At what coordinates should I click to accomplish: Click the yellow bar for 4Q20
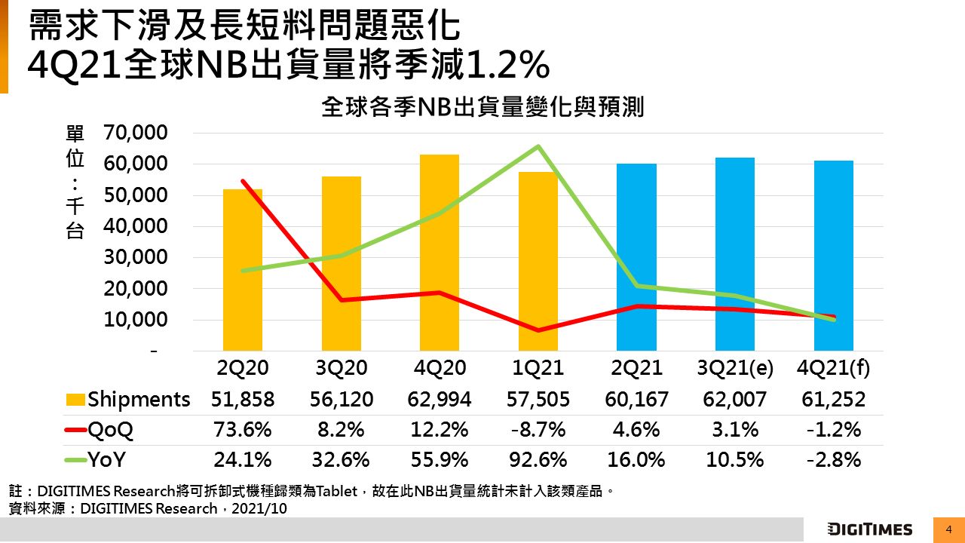click(x=440, y=253)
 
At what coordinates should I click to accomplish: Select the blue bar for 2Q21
click(x=636, y=257)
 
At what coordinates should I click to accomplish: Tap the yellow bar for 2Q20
click(x=243, y=270)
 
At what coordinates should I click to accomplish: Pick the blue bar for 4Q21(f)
click(x=834, y=256)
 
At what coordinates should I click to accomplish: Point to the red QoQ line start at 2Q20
click(x=243, y=181)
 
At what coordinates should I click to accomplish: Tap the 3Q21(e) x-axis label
click(x=735, y=368)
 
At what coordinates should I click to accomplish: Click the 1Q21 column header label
click(x=538, y=368)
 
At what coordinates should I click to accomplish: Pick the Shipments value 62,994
click(x=440, y=399)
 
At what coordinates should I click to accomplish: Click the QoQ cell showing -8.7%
click(x=538, y=430)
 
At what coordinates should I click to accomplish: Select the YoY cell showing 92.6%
click(x=538, y=459)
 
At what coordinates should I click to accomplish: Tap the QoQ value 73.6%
click(x=243, y=430)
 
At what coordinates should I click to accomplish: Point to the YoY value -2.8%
click(x=834, y=459)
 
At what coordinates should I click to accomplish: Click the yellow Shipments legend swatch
click(x=75, y=399)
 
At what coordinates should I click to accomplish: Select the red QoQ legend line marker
click(x=75, y=430)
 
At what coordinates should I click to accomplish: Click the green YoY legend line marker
click(x=75, y=460)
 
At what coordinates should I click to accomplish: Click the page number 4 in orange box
click(x=948, y=529)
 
